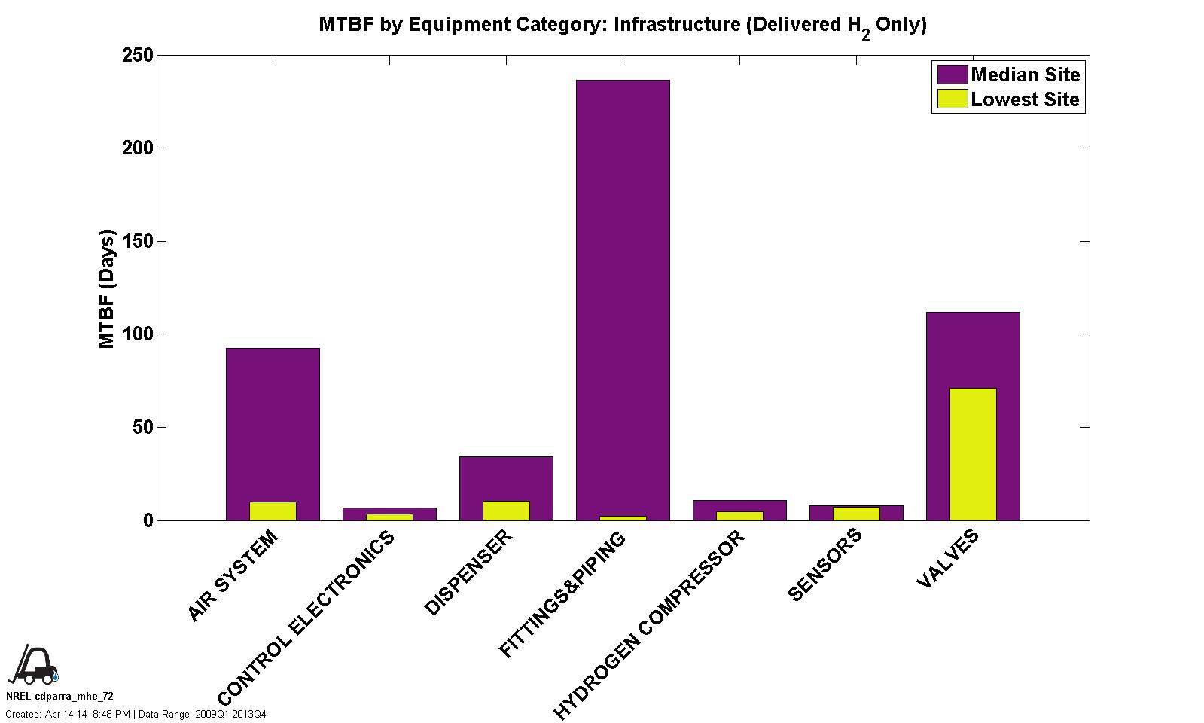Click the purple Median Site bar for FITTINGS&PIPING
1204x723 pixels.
622,294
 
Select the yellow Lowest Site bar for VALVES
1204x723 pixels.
972,454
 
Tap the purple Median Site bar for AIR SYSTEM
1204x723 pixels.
272,422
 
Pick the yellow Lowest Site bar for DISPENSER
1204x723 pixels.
506,511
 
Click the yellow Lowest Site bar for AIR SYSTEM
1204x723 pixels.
273,511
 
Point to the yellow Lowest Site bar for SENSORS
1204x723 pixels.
855,514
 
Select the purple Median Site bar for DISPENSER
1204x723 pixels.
506,477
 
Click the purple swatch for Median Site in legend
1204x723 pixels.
952,75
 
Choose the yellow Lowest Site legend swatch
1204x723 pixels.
952,99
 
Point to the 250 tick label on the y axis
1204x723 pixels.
138,56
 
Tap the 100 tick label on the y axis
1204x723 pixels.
138,334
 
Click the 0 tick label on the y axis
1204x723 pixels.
148,520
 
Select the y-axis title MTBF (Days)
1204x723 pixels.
107,289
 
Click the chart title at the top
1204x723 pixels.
622,25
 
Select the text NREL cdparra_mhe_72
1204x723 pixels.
59,697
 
